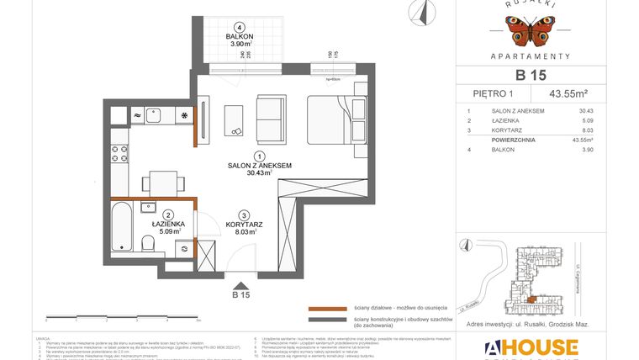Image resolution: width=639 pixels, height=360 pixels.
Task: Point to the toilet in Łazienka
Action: [147, 243]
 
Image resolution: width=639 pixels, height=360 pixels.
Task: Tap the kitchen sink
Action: [155, 115]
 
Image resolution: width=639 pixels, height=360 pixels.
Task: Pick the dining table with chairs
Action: [156, 181]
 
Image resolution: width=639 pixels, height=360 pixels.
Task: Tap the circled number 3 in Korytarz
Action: [243, 214]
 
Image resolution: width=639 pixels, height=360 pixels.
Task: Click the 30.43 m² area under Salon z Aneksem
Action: [260, 174]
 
